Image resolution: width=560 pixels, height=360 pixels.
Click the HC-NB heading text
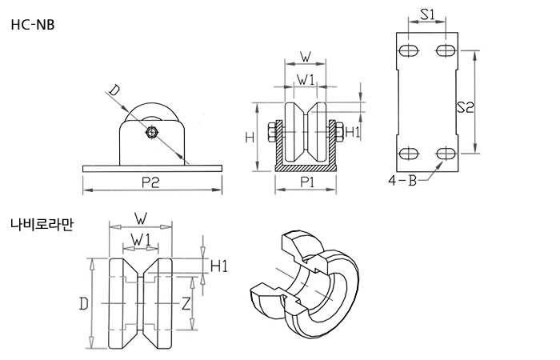click(33, 25)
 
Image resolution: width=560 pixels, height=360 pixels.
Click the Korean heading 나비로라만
click(42, 224)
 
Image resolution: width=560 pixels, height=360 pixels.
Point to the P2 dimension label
click(150, 182)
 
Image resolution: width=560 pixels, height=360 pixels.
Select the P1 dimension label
click(306, 182)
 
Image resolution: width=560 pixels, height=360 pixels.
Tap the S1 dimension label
click(427, 14)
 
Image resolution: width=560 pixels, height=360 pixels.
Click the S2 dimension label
click(466, 107)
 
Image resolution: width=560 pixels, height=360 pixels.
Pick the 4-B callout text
click(403, 181)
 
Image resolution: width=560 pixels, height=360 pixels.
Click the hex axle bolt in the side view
click(152, 133)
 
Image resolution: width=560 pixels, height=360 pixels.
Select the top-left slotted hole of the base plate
click(409, 50)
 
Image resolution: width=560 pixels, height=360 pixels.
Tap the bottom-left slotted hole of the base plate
click(409, 154)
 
